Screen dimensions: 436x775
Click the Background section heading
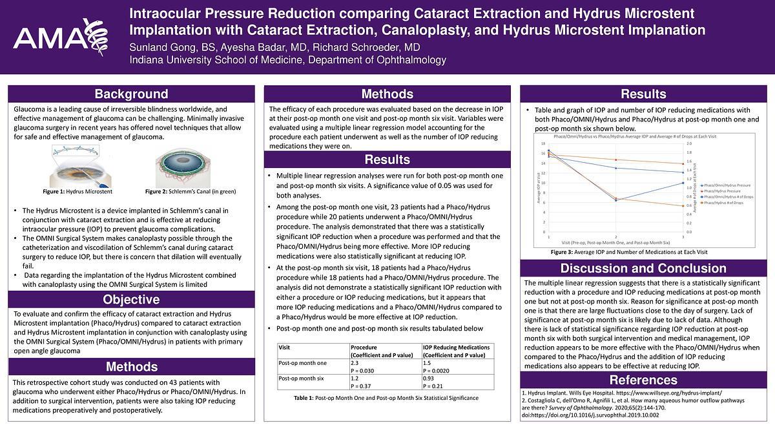pyautogui.click(x=131, y=94)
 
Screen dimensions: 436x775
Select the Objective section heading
pyautogui.click(x=131, y=300)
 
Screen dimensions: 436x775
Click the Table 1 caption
pyautogui.click(x=385, y=398)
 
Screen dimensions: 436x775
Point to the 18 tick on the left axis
pyautogui.click(x=544, y=143)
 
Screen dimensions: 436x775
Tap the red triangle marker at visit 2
pyautogui.click(x=615, y=160)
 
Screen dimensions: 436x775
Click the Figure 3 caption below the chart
pyautogui.click(x=629, y=251)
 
